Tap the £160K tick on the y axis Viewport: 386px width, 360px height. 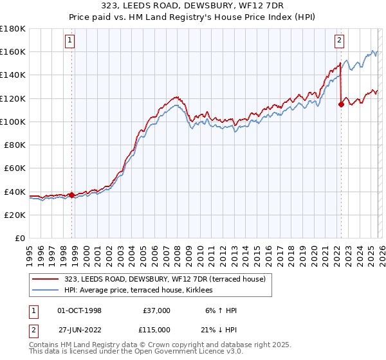[13, 51]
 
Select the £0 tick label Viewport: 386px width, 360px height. [19, 239]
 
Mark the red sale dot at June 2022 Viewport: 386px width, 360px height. [341, 104]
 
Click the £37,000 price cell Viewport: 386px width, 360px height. [156, 310]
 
